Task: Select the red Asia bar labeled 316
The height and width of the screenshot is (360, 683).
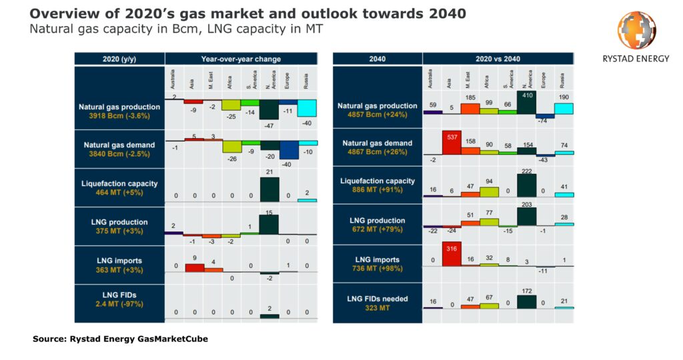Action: [451, 254]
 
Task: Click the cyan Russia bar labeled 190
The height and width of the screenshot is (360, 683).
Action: [564, 108]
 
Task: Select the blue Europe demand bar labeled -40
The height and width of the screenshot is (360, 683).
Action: [289, 150]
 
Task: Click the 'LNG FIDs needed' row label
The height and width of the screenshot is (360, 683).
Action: [377, 298]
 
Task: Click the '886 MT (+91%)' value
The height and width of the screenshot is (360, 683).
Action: [377, 189]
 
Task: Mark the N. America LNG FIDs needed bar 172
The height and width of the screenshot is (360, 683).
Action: [527, 301]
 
